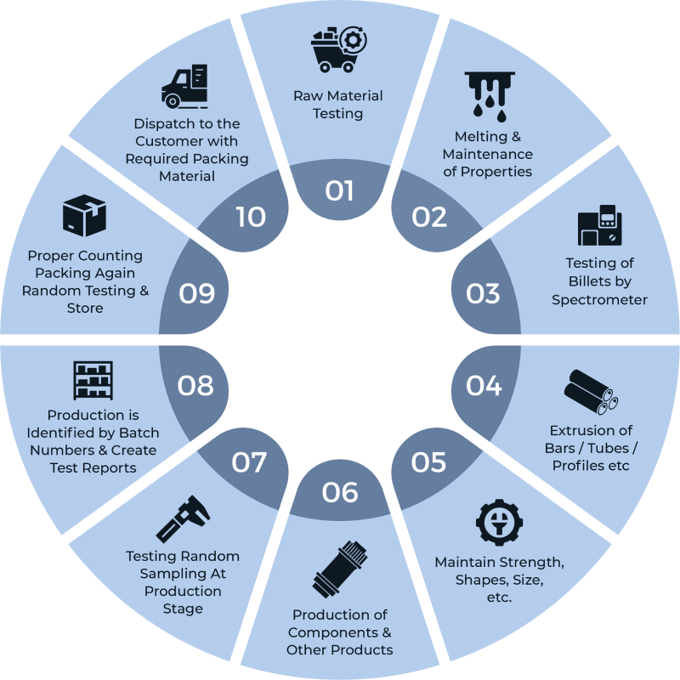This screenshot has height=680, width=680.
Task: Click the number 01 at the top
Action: pyautogui.click(x=339, y=190)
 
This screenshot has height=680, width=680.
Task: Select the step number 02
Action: pyautogui.click(x=429, y=217)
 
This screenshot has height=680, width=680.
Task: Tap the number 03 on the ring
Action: pyautogui.click(x=483, y=293)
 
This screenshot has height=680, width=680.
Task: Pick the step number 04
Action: pyautogui.click(x=484, y=386)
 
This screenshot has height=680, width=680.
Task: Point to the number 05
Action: pyautogui.click(x=429, y=462)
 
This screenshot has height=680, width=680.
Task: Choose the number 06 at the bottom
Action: pyautogui.click(x=340, y=492)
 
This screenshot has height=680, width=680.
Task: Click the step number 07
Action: pyautogui.click(x=250, y=462)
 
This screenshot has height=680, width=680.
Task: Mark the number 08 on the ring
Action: pyautogui.click(x=195, y=386)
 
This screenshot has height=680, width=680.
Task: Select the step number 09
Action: pyautogui.click(x=196, y=293)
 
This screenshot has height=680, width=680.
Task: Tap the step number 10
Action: pyautogui.click(x=251, y=217)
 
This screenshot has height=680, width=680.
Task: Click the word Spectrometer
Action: pyautogui.click(x=599, y=299)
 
